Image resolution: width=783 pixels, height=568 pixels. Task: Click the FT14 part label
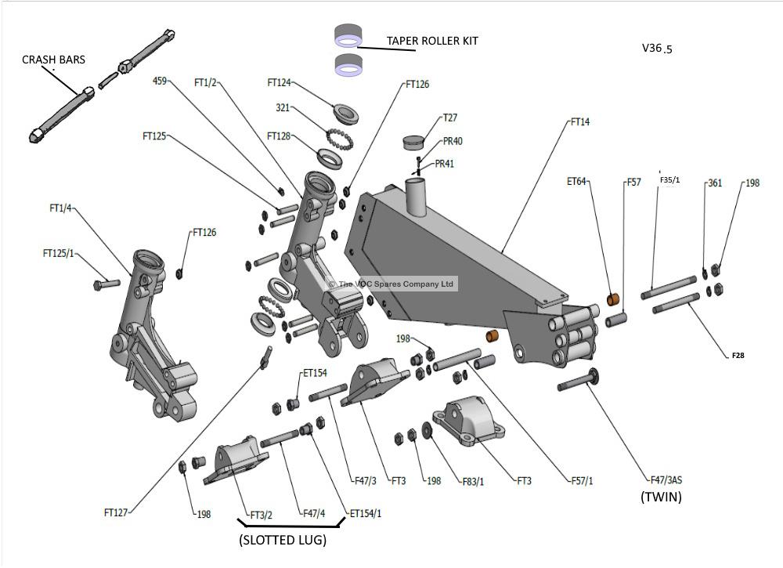tap(579, 121)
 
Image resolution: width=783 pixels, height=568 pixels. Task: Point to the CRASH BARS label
tap(53, 60)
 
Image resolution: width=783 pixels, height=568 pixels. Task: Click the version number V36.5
tap(657, 48)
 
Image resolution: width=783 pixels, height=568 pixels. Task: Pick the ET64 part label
tap(576, 182)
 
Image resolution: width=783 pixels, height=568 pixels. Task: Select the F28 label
tap(738, 356)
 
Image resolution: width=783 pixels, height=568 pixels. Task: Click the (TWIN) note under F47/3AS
tap(661, 497)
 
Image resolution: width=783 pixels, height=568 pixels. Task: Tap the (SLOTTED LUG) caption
tap(283, 540)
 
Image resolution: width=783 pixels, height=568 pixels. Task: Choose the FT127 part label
tap(116, 512)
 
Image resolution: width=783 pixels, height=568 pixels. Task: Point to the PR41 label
tap(444, 164)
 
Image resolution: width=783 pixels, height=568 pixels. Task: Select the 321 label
tap(283, 107)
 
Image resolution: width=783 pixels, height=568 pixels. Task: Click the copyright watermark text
tap(391, 284)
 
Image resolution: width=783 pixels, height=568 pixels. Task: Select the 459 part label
tap(160, 81)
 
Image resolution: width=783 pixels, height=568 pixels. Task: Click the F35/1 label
tap(669, 180)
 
